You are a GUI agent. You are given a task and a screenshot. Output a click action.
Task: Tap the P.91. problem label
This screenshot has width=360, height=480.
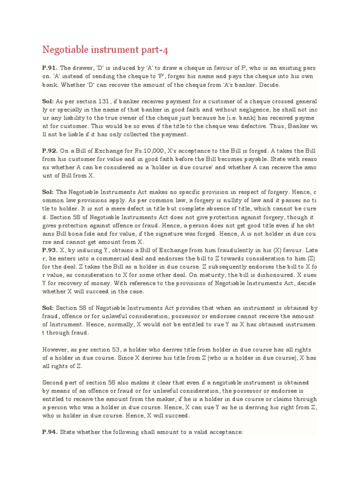click(x=50, y=67)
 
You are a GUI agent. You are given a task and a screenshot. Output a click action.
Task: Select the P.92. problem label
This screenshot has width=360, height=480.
click(x=50, y=150)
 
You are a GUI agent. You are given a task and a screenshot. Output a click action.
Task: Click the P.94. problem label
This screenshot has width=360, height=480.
click(x=50, y=433)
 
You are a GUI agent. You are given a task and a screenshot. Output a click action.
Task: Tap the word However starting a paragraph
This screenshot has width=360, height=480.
click(x=55, y=350)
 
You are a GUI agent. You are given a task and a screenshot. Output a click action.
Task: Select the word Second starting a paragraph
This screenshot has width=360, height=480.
click(x=53, y=382)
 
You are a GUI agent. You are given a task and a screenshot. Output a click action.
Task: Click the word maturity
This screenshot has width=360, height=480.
click(x=202, y=275)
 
